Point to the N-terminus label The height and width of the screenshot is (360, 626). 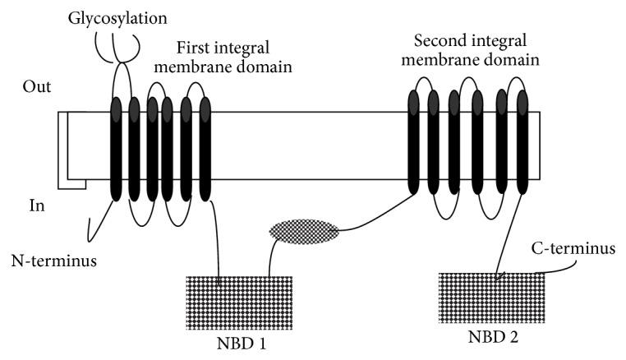pos(51,263)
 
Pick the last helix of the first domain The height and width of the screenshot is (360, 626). pos(205,148)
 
